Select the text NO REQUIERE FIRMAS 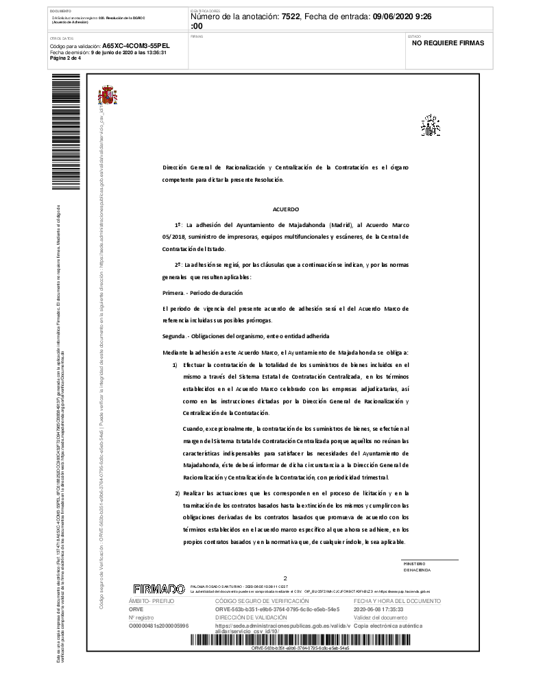[448, 43]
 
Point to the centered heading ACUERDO [285, 209]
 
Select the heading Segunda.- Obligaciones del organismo [245, 336]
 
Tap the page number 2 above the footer [285, 578]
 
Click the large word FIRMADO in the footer [158, 589]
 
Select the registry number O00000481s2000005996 [158, 626]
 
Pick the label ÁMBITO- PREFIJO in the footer [152, 601]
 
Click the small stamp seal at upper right [430, 126]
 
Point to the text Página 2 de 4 [65, 58]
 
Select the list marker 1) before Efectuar [175, 364]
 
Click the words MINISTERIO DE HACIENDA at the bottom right [416, 567]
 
